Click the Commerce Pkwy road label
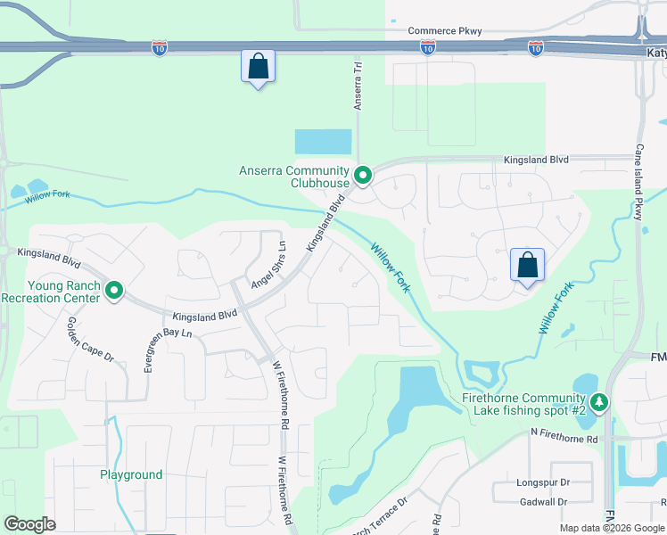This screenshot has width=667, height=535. pyautogui.click(x=444, y=31)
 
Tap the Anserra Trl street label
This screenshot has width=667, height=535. pyautogui.click(x=358, y=86)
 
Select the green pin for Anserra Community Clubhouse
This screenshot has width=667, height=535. pyautogui.click(x=362, y=176)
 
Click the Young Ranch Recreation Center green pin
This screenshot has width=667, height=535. pyautogui.click(x=114, y=291)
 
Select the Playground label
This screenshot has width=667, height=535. pyautogui.click(x=131, y=475)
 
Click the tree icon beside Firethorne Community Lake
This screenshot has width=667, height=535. pyautogui.click(x=601, y=403)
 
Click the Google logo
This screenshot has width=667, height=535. pyautogui.click(x=29, y=524)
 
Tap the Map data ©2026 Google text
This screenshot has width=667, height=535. pyautogui.click(x=612, y=528)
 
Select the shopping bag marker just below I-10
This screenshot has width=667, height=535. pyautogui.click(x=258, y=67)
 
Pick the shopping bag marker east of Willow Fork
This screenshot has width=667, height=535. pyautogui.click(x=527, y=265)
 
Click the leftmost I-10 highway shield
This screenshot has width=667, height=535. pyautogui.click(x=160, y=47)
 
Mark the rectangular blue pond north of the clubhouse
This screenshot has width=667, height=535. pyautogui.click(x=323, y=142)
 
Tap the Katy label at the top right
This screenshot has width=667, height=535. pyautogui.click(x=655, y=53)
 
